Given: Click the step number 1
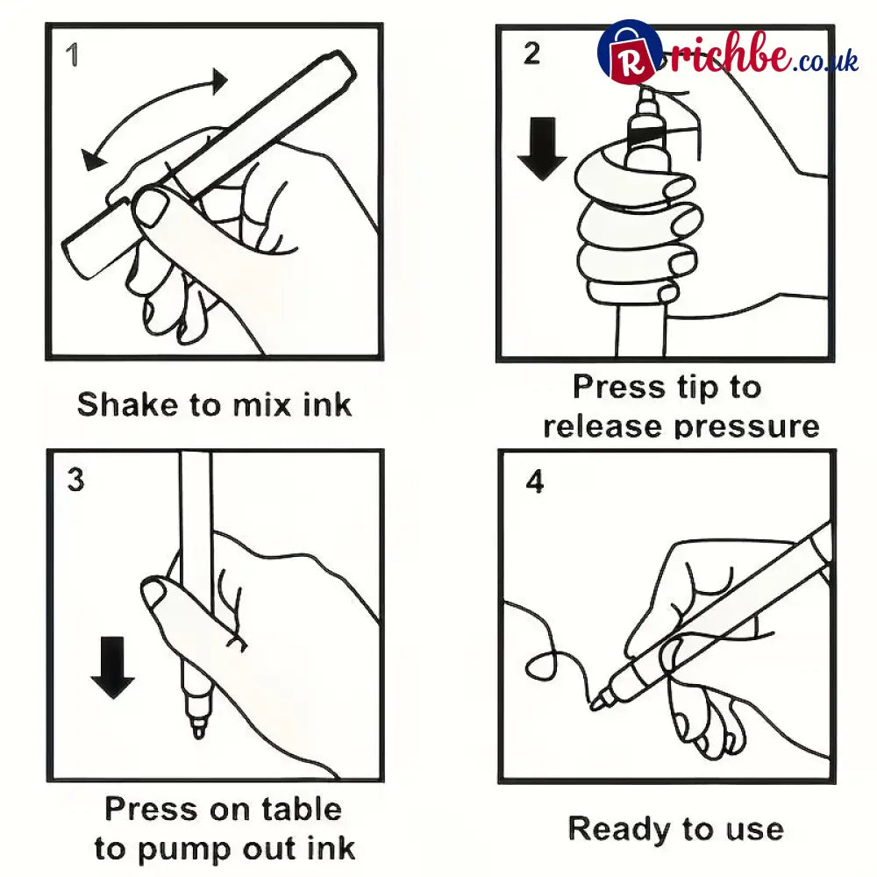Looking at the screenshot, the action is tap(72, 54).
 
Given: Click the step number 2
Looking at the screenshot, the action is tap(532, 53).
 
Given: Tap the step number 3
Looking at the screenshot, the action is tap(75, 480).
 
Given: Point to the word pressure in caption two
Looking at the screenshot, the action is tap(746, 426).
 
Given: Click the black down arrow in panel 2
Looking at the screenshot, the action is tap(541, 148).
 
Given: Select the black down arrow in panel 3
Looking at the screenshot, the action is tap(112, 667).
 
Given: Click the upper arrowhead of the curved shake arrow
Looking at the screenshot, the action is tap(219, 81).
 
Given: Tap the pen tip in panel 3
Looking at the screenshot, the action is tap(197, 731).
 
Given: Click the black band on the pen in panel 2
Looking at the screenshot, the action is tap(648, 135).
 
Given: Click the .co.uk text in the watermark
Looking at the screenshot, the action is tap(825, 61).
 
